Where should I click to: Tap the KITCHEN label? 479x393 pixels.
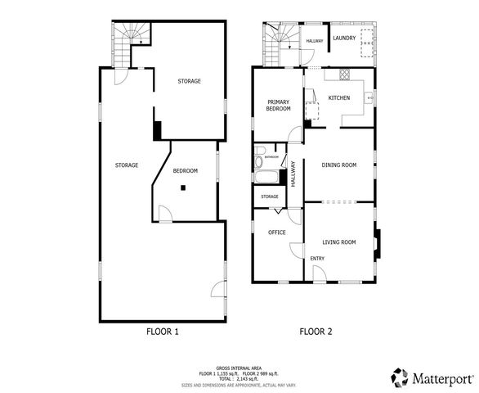pyautogui.click(x=339, y=97)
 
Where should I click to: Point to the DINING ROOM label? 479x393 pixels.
pyautogui.click(x=339, y=165)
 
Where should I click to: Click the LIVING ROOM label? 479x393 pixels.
pyautogui.click(x=338, y=242)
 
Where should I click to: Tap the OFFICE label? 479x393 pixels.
pyautogui.click(x=277, y=233)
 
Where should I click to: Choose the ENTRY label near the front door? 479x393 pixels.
pyautogui.click(x=317, y=259)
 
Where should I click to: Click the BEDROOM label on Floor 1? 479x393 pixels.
pyautogui.click(x=186, y=170)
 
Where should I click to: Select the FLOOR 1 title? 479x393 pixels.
pyautogui.click(x=162, y=332)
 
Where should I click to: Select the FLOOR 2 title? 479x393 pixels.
pyautogui.click(x=316, y=332)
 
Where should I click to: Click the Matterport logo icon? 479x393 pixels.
pyautogui.click(x=398, y=377)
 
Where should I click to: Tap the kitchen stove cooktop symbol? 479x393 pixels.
pyautogui.click(x=344, y=74)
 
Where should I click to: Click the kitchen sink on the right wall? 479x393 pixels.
pyautogui.click(x=369, y=97)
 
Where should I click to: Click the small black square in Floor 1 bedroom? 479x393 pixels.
pyautogui.click(x=184, y=187)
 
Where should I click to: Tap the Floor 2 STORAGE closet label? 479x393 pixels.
pyautogui.click(x=270, y=196)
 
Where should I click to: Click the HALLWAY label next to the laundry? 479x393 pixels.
pyautogui.click(x=314, y=40)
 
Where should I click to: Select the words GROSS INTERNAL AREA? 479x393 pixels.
pyautogui.click(x=239, y=368)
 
